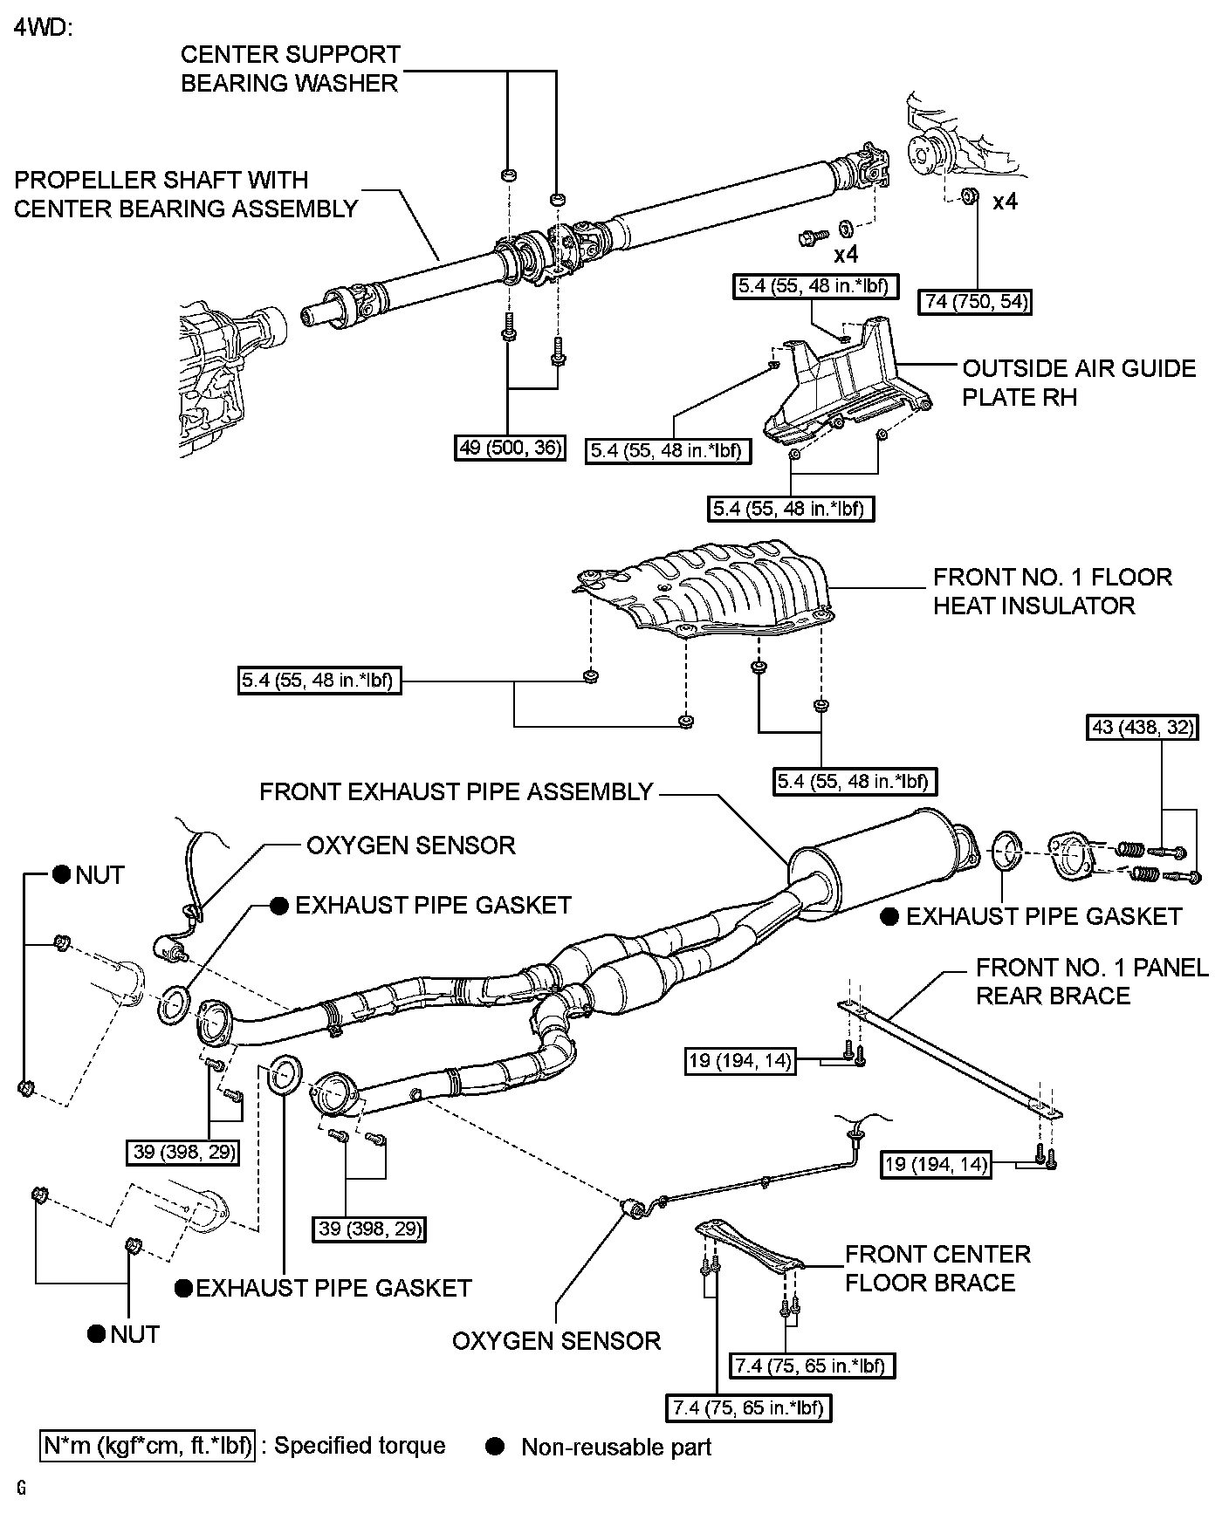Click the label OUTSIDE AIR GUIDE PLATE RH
(1078, 382)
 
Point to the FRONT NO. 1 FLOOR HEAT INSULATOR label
(1052, 591)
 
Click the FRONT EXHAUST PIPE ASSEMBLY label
(457, 791)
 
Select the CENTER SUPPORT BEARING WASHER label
(290, 68)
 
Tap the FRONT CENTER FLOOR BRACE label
(937, 1268)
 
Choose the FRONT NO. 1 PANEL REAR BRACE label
(1091, 981)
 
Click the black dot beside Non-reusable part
(495, 1447)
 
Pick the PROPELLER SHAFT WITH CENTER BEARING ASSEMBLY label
(186, 194)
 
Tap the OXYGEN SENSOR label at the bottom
(556, 1340)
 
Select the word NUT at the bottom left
(134, 1334)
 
